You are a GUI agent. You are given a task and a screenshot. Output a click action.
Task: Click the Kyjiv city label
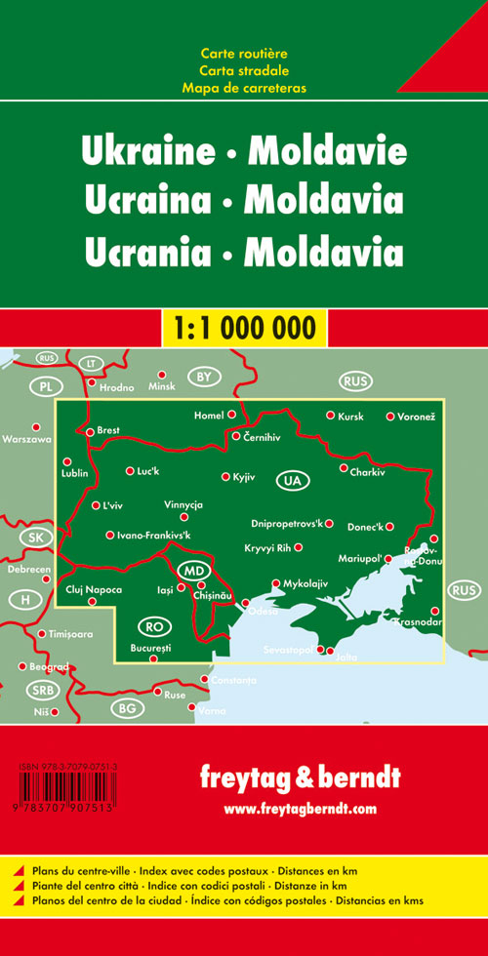tap(244, 477)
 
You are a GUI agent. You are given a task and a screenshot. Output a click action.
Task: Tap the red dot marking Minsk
tap(163, 374)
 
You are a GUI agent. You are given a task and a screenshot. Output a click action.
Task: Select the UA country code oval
tap(291, 480)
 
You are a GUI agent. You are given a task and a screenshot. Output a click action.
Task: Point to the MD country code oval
tap(194, 570)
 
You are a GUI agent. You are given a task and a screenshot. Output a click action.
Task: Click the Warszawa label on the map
tap(26, 439)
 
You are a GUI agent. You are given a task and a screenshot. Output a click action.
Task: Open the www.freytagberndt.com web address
tap(299, 809)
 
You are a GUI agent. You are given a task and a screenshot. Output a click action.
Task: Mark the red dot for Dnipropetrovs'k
tap(330, 523)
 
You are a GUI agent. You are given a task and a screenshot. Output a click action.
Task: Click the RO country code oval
tap(150, 625)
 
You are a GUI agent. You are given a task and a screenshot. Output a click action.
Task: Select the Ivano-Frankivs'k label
tap(154, 535)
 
